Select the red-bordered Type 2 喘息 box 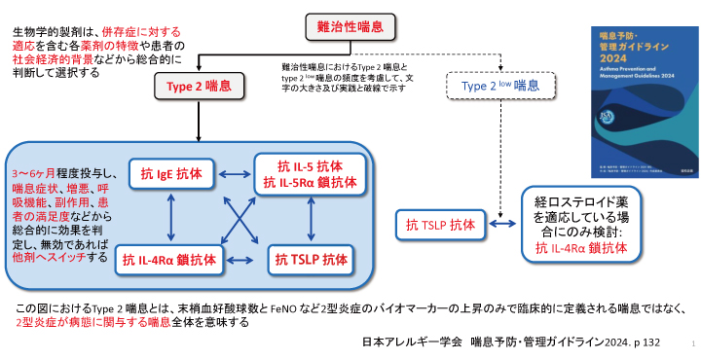pos(198,87)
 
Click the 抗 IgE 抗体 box pos(173,173)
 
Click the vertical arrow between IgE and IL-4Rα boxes pos(173,216)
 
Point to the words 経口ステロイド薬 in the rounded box pos(578,202)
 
